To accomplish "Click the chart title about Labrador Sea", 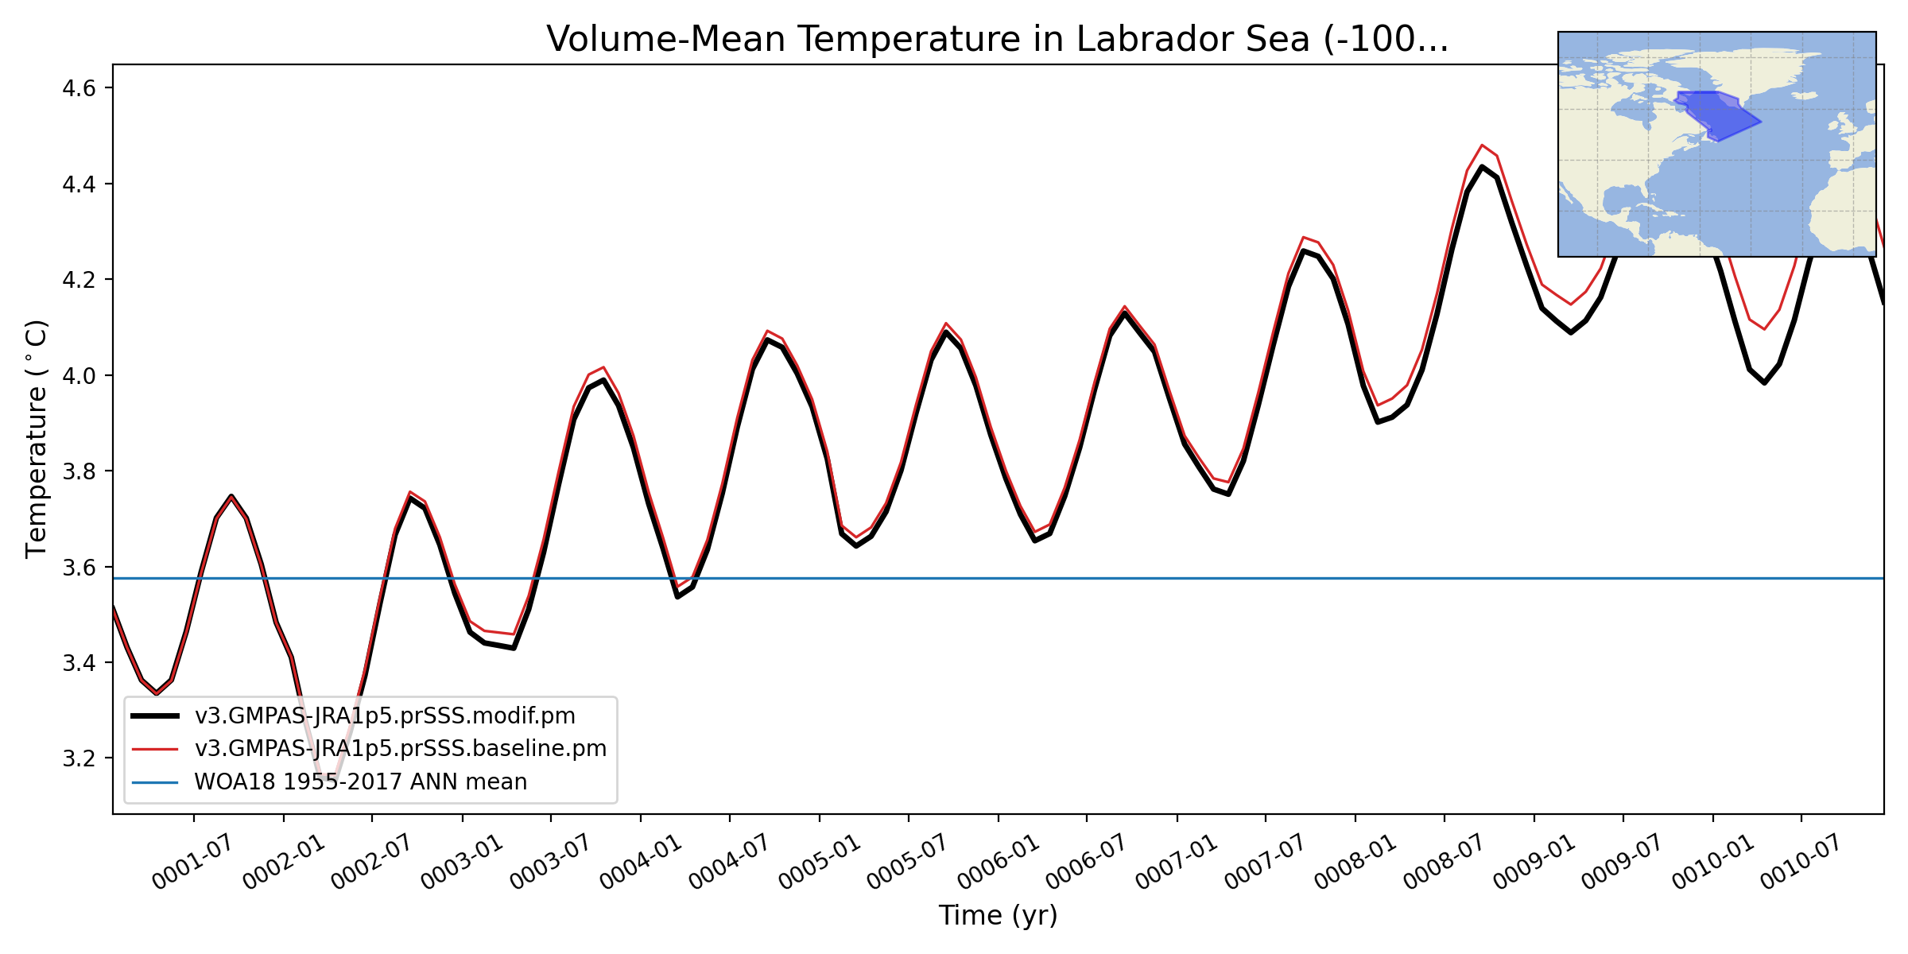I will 997,39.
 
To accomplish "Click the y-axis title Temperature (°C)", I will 37,439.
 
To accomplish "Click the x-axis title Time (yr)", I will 998,915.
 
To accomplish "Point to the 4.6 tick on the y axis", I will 79,87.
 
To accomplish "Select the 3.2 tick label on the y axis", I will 79,758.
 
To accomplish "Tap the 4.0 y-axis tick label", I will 79,375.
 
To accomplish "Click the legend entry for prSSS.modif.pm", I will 385,716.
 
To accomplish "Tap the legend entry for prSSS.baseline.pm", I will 400,749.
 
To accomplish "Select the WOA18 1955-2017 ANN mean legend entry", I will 360,782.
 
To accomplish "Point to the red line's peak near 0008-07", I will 1482,145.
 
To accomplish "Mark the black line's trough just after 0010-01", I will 1764,383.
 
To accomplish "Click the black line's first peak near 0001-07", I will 231,496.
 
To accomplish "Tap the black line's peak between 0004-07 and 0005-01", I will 767,340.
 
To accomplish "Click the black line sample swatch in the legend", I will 155,716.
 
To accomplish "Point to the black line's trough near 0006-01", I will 1035,541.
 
